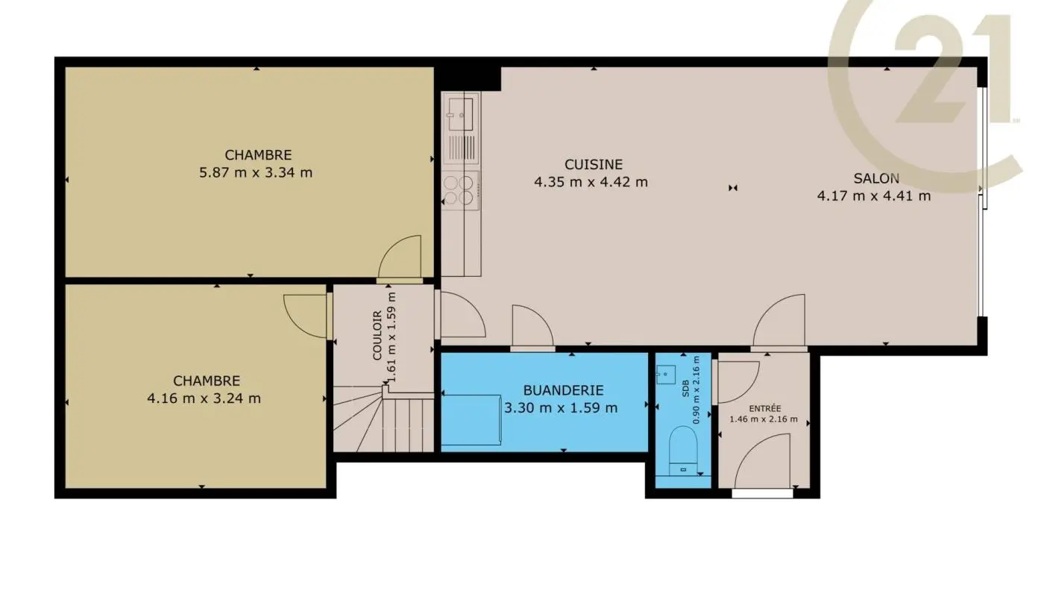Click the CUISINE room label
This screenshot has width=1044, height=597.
(593, 164)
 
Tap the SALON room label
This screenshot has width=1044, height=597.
(875, 178)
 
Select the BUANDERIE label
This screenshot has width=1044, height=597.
(562, 390)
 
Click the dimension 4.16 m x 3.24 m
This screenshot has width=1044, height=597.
(204, 398)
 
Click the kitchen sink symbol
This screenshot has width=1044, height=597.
(460, 109)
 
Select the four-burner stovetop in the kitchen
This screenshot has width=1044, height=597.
(459, 190)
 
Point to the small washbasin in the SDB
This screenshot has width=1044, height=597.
(665, 374)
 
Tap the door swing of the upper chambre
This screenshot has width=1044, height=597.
(400, 258)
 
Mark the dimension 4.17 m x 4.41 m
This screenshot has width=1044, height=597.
(874, 196)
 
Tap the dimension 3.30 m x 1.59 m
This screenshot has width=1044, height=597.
(561, 407)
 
